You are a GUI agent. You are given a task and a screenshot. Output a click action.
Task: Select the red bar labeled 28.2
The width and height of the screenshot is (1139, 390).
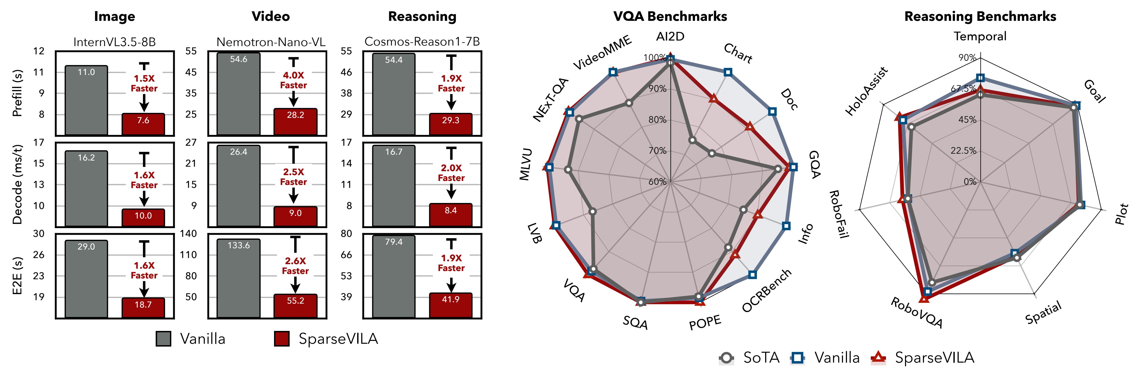click(295, 122)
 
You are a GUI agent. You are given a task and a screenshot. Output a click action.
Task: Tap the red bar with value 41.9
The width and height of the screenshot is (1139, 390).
click(451, 305)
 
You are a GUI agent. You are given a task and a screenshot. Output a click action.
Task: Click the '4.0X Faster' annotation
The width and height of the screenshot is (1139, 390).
click(293, 80)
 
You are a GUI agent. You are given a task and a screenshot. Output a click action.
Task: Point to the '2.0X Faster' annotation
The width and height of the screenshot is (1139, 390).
click(451, 173)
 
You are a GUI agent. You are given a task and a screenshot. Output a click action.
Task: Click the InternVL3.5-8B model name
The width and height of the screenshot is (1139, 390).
click(115, 42)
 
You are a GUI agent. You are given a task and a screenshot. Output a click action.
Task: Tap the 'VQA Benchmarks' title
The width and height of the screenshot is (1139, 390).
click(670, 16)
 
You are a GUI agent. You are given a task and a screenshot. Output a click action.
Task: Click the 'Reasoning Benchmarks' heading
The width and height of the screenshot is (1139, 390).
click(980, 16)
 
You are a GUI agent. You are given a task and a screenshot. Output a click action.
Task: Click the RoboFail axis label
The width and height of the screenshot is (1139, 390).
click(838, 214)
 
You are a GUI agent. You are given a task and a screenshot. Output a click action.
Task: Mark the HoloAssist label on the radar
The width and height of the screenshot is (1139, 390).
click(866, 91)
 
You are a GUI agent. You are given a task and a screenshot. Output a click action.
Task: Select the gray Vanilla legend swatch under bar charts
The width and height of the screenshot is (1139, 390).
click(164, 339)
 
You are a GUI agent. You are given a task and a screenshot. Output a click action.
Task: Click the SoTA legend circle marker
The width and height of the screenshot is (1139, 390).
click(727, 358)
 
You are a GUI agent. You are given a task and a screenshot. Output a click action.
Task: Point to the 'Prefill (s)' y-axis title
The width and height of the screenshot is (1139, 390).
click(17, 93)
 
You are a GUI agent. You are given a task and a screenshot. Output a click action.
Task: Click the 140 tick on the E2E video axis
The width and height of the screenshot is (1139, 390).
click(188, 234)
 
